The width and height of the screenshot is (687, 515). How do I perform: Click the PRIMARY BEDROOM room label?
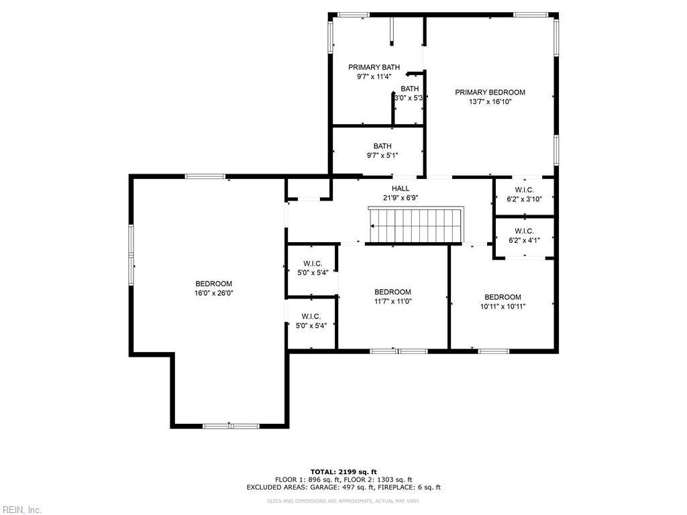490,93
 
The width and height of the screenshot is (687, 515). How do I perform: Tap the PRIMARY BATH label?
374,67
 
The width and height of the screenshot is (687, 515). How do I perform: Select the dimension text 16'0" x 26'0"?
213,293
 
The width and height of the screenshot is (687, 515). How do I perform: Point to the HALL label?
401,188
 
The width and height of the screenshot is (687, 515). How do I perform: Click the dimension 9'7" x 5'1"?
382,156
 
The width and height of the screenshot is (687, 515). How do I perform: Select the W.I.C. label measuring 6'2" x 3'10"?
524,190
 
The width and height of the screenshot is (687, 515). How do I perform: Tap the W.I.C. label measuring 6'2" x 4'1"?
524,231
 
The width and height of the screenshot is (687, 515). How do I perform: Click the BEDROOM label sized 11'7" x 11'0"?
392,292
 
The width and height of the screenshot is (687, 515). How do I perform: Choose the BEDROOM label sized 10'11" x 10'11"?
503,297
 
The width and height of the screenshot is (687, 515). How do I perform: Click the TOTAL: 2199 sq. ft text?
343,471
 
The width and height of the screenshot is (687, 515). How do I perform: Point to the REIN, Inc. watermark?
21,510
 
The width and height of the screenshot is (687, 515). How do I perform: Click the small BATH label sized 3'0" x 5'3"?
410,89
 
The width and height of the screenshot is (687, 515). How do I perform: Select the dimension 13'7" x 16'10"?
490,102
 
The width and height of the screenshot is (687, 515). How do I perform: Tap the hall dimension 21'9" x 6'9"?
401,198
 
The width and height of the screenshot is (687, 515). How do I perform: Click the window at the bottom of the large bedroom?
231,426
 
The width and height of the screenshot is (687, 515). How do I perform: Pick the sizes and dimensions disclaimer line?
343,501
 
